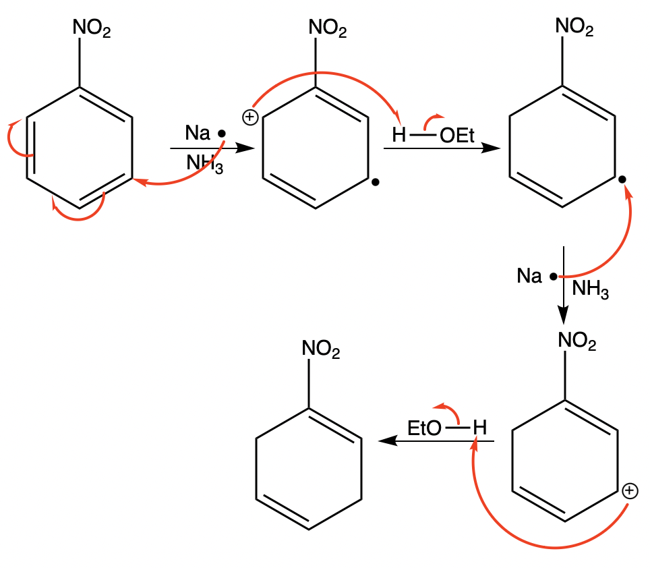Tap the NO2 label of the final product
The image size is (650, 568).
click(321, 349)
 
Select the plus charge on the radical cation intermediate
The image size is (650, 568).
click(250, 118)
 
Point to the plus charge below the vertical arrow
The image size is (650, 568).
click(628, 490)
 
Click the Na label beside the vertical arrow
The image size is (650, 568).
click(529, 276)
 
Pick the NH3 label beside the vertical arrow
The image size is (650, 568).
click(590, 290)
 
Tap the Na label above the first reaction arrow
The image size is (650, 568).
click(198, 133)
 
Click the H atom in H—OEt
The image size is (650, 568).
click(398, 136)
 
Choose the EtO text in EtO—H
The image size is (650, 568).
click(425, 428)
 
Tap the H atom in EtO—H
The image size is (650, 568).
click(479, 428)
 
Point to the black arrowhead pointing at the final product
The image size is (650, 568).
click(386, 441)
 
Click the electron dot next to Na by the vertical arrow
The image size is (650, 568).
click(553, 277)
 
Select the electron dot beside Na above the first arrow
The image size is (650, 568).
click(222, 134)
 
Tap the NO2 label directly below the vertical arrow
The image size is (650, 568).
click(577, 342)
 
